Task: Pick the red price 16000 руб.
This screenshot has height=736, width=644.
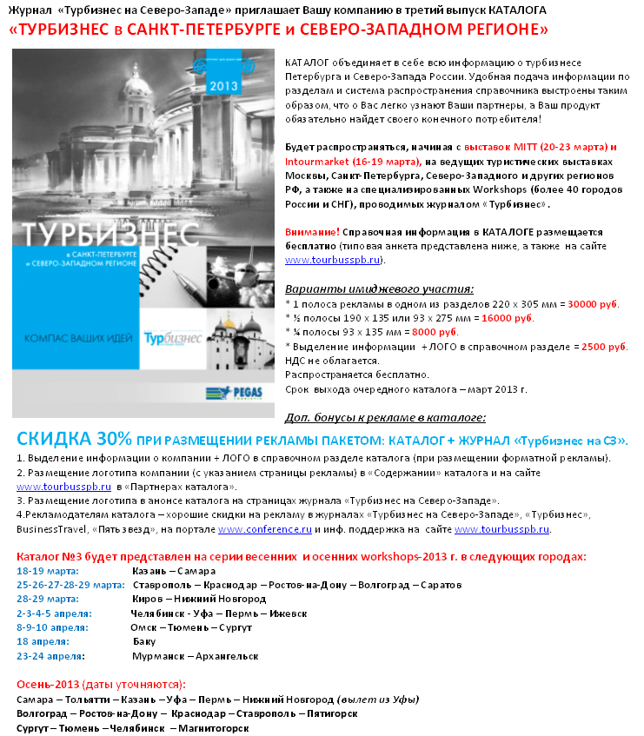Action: (x=537, y=318)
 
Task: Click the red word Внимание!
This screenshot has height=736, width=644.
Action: (x=312, y=233)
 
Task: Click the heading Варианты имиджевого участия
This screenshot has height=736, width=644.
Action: (x=379, y=288)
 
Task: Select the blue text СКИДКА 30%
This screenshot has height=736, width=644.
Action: (x=74, y=439)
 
